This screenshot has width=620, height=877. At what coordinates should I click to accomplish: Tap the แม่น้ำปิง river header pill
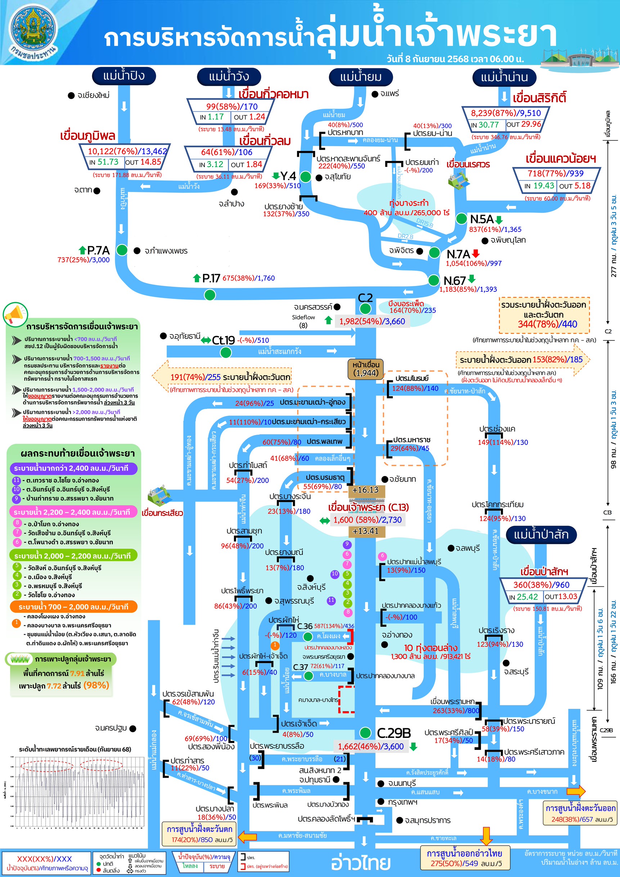(124, 76)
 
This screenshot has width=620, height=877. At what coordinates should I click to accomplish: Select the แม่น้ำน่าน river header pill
(504, 77)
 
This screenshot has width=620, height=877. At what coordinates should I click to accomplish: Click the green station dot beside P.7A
(122, 250)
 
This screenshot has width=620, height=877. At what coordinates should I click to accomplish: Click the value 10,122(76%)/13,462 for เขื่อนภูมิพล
(127, 151)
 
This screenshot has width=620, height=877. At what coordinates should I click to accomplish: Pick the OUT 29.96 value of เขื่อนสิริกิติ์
(524, 125)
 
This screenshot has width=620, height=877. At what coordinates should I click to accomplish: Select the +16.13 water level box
(365, 490)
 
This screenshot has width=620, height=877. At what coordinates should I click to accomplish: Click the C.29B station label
(394, 733)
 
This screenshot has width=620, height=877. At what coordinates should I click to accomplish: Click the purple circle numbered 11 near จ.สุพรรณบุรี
(331, 600)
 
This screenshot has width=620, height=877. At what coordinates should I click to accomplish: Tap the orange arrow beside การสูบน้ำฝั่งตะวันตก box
(247, 837)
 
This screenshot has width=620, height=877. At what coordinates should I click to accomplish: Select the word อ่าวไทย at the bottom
(360, 863)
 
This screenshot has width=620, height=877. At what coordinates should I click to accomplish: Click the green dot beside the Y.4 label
(305, 177)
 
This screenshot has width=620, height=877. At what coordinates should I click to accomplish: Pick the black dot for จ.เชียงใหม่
(71, 95)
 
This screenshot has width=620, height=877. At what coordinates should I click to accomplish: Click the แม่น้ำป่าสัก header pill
(541, 534)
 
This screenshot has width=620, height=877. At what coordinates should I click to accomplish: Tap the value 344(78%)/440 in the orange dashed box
(544, 324)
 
